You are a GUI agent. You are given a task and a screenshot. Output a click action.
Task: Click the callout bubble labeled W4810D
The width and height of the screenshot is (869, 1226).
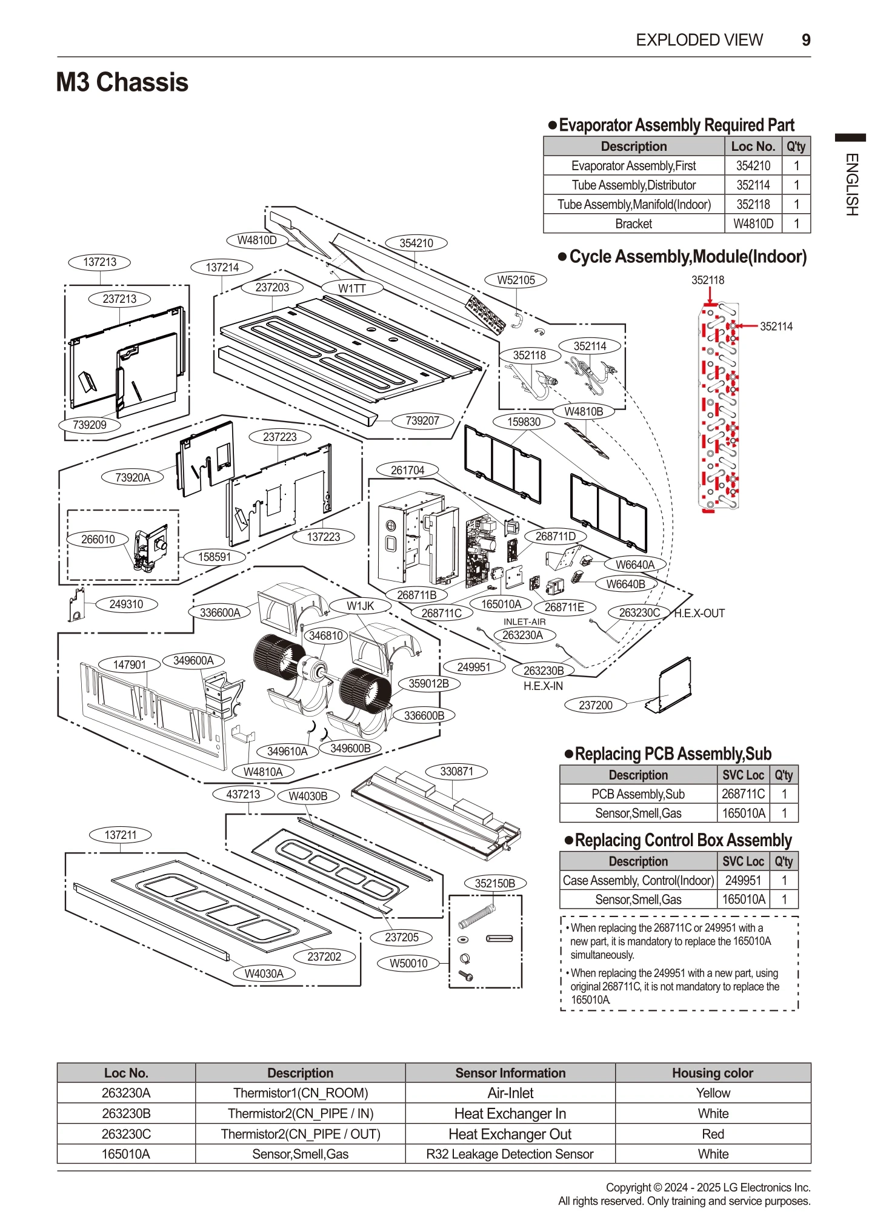click(257, 240)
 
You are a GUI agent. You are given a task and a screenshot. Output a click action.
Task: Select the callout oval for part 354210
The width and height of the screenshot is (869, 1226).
click(416, 243)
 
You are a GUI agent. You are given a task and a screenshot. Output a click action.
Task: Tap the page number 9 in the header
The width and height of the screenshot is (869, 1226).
click(805, 40)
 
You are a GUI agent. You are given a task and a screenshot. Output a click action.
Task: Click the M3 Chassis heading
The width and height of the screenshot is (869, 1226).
click(122, 82)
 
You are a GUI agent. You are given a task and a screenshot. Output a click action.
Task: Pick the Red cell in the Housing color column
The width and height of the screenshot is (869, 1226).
click(713, 1134)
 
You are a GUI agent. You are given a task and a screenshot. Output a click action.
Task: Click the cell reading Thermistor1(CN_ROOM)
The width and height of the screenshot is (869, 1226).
click(300, 1093)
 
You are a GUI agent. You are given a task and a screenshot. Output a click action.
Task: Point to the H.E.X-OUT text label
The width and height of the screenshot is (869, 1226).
click(699, 613)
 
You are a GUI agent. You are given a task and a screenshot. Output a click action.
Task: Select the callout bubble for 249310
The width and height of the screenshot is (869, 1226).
click(126, 604)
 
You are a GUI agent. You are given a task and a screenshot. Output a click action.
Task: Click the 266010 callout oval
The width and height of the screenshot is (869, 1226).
click(98, 539)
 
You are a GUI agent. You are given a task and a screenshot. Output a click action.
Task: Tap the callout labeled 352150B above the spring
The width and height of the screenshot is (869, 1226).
click(494, 883)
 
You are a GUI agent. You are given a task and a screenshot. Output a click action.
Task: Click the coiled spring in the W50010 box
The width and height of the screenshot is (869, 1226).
click(476, 917)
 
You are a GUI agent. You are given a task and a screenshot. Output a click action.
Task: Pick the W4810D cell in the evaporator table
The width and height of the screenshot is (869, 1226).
click(753, 224)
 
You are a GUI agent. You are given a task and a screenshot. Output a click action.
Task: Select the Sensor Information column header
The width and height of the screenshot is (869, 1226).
click(510, 1073)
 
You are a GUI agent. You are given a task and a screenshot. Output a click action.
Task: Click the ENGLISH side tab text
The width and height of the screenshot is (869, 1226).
click(851, 184)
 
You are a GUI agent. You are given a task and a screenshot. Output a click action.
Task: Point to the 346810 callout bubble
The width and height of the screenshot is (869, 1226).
click(326, 635)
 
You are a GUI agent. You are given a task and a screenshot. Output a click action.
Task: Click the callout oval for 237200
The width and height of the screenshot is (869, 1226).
click(595, 705)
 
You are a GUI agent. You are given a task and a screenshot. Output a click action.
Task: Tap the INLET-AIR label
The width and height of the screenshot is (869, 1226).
click(524, 621)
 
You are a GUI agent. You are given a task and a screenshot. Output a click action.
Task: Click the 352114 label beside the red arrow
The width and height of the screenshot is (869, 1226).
click(776, 326)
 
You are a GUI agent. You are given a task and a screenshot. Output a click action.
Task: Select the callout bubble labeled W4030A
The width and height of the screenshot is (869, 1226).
click(264, 973)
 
